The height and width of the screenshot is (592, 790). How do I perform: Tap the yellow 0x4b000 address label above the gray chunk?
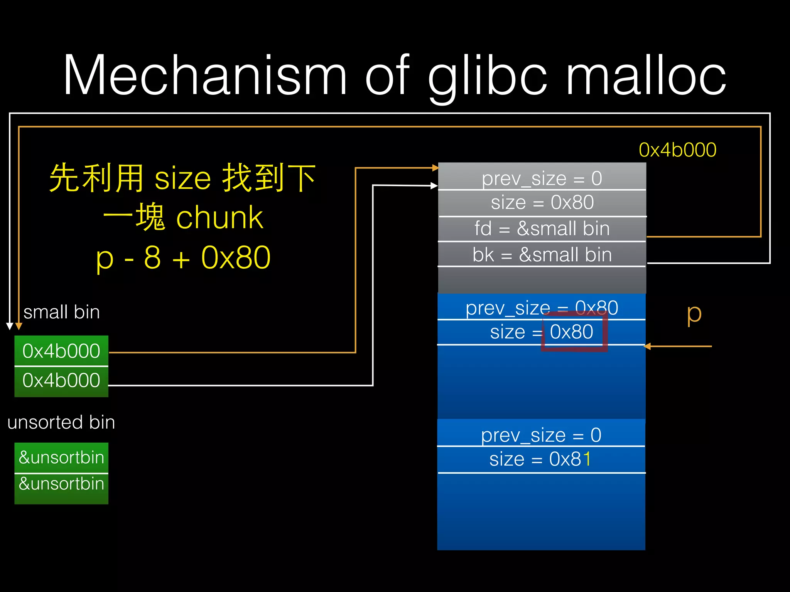click(x=677, y=150)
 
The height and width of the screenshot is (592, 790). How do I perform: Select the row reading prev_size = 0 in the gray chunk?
click(x=542, y=178)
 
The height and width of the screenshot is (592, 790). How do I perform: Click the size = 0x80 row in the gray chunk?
click(x=542, y=203)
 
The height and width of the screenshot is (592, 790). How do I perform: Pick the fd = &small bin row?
click(x=542, y=229)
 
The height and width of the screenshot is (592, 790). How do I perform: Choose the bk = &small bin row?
click(x=542, y=255)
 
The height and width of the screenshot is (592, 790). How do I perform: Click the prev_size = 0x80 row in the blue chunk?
click(x=542, y=308)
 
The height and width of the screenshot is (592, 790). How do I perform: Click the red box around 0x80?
click(x=574, y=331)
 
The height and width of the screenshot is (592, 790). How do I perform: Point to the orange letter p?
click(x=694, y=314)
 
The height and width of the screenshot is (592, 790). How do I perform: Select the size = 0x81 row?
click(x=540, y=459)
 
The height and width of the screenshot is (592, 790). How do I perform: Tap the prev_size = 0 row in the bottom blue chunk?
click(x=541, y=435)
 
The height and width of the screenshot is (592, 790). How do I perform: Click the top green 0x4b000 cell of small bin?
click(x=61, y=351)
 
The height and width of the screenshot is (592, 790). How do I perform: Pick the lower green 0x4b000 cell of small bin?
click(x=61, y=380)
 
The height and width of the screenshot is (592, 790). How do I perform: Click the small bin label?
click(x=62, y=312)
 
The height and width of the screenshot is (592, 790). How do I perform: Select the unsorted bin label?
click(x=61, y=422)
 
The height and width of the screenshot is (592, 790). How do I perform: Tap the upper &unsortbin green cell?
click(x=61, y=457)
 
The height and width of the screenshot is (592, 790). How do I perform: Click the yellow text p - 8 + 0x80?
click(x=183, y=257)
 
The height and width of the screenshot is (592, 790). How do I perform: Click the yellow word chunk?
click(x=219, y=218)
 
